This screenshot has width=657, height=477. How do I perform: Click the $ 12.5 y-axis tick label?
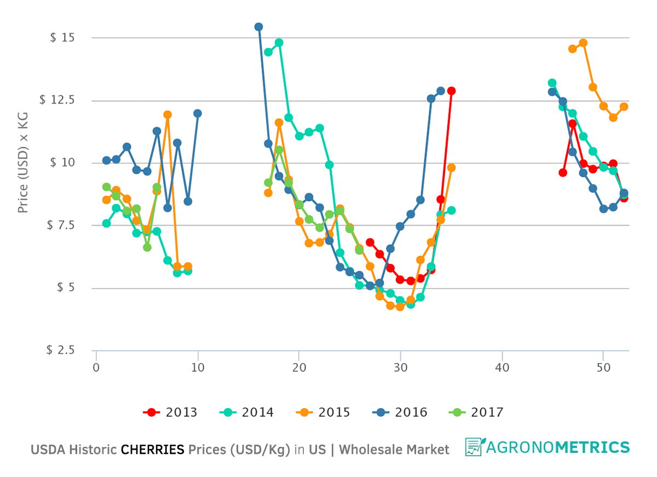point(57,100)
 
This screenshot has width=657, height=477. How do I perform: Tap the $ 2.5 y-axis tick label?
point(60,350)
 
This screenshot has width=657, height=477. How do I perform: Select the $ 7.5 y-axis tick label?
point(60,226)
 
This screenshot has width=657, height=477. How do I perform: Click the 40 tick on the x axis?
point(502,367)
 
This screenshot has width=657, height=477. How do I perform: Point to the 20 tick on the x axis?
point(299,367)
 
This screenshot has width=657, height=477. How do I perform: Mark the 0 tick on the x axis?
point(96,367)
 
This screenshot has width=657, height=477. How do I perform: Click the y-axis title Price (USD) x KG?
point(23,163)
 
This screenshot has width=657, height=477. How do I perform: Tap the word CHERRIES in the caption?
point(152,450)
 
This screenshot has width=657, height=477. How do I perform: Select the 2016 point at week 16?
point(258,27)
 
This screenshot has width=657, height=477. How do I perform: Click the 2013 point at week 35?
point(451,91)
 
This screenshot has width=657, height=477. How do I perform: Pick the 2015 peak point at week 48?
point(583,43)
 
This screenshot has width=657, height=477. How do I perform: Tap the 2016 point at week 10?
point(198,113)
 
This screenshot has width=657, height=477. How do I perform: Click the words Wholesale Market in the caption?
point(394,450)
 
